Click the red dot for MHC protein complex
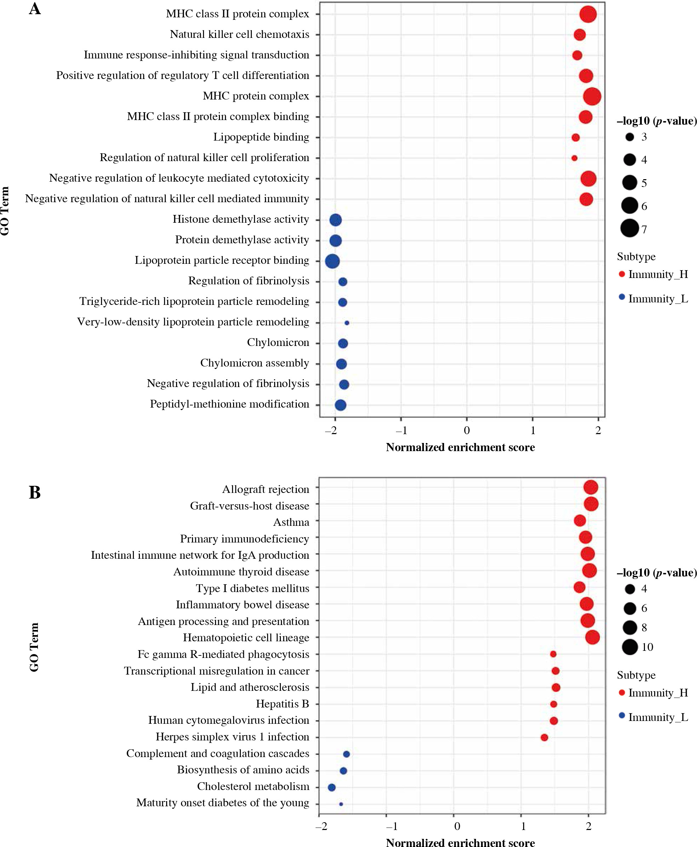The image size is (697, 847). pyautogui.click(x=592, y=96)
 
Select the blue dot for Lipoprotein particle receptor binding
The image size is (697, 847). pyautogui.click(x=332, y=261)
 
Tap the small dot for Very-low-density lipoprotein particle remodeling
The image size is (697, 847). pyautogui.click(x=347, y=323)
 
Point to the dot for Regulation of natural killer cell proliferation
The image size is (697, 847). pyautogui.click(x=574, y=158)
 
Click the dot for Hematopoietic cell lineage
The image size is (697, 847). pyautogui.click(x=593, y=637)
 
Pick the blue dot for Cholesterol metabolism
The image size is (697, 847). pyautogui.click(x=331, y=787)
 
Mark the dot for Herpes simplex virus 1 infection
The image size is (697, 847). pyautogui.click(x=544, y=738)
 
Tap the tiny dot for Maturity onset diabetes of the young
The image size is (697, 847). pyautogui.click(x=341, y=804)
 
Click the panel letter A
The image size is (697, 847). pyautogui.click(x=35, y=9)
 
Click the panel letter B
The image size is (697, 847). pyautogui.click(x=35, y=493)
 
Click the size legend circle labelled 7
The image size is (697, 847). pyautogui.click(x=630, y=228)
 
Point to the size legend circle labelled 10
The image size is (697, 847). pyautogui.click(x=630, y=647)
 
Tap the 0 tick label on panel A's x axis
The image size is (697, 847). pyautogui.click(x=466, y=430)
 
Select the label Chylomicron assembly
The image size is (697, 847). pyautogui.click(x=255, y=363)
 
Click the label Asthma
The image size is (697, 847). pyautogui.click(x=291, y=522)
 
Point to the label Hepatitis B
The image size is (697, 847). pyautogui.click(x=282, y=704)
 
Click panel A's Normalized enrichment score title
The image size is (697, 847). pyautogui.click(x=460, y=447)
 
